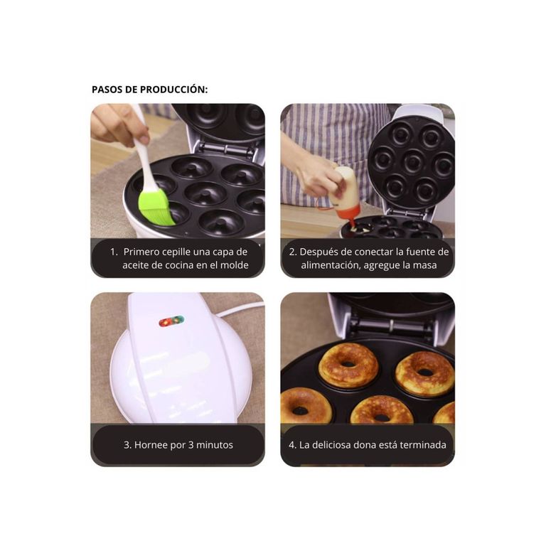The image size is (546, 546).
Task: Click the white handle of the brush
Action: point(144,160)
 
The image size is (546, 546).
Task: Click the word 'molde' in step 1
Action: point(234,265)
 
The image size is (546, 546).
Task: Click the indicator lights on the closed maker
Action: point(171,321)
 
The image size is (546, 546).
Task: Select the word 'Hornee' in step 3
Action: point(151,445)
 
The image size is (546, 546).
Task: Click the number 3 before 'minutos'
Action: point(192,445)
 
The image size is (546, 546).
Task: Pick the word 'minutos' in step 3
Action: point(215,445)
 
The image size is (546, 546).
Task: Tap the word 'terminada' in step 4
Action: point(422,445)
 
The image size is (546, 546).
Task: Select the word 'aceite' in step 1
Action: point(138,265)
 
